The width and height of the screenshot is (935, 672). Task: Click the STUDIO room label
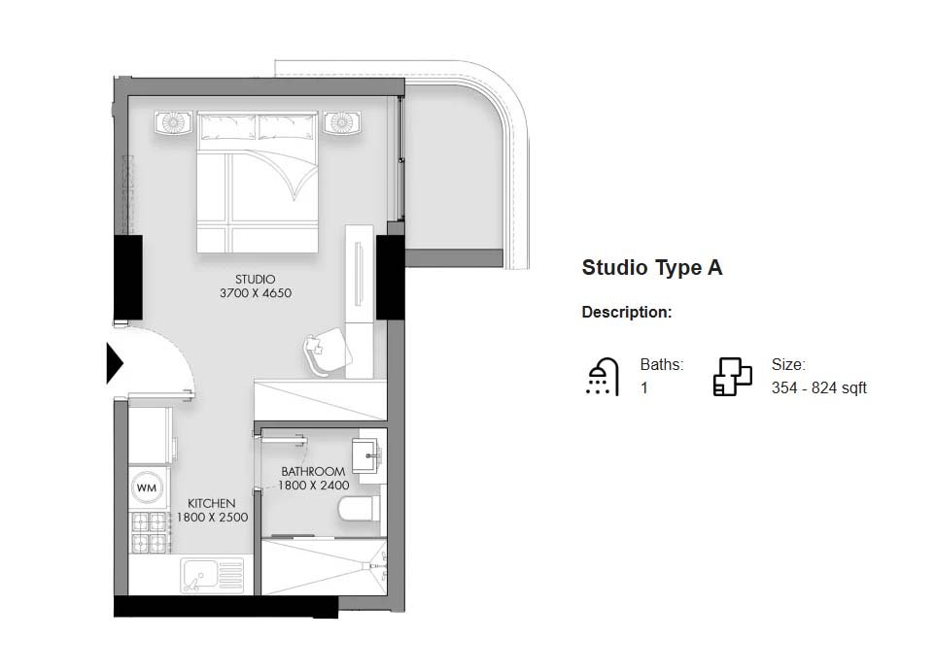255,280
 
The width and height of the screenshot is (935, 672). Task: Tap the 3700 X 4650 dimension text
255,293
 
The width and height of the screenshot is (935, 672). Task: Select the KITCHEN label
212,503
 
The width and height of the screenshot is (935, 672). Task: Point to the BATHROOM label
313,472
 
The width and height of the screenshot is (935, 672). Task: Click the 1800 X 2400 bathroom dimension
313,486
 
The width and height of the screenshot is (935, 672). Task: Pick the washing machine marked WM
147,487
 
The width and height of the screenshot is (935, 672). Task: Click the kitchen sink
211,576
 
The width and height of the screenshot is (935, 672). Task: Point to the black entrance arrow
115,362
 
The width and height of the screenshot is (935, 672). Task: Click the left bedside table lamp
173,122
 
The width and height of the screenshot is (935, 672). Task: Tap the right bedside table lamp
341,122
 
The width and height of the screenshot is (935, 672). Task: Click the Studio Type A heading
652,268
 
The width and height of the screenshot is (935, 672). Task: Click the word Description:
627,313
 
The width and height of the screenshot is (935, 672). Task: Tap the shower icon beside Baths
603,377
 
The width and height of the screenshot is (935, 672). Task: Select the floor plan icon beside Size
732,377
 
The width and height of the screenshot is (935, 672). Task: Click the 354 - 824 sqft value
818,388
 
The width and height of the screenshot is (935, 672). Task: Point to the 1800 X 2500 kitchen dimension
212,518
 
